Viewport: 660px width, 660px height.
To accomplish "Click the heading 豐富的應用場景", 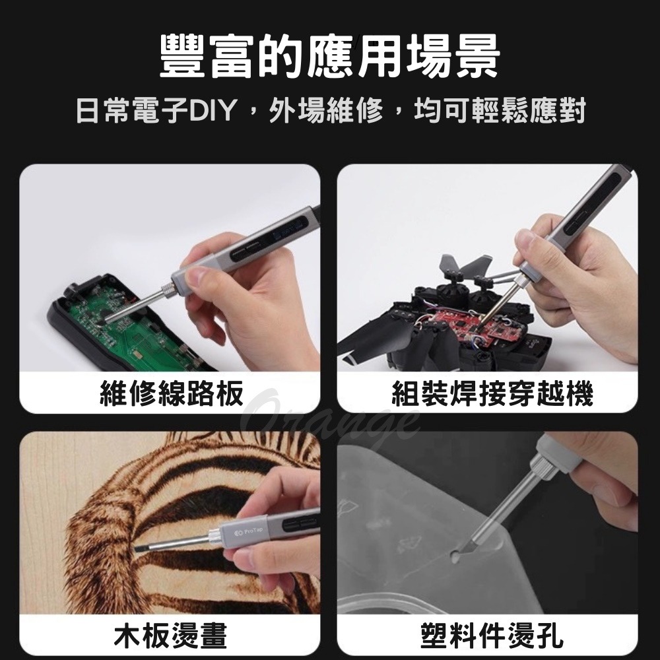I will click(x=330, y=55).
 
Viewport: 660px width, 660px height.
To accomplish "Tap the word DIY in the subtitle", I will click(x=213, y=111).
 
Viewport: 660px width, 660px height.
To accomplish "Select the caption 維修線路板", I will click(x=170, y=394).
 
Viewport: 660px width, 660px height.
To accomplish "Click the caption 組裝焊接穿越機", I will click(x=492, y=394).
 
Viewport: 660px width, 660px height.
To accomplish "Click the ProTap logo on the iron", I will click(x=247, y=531).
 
